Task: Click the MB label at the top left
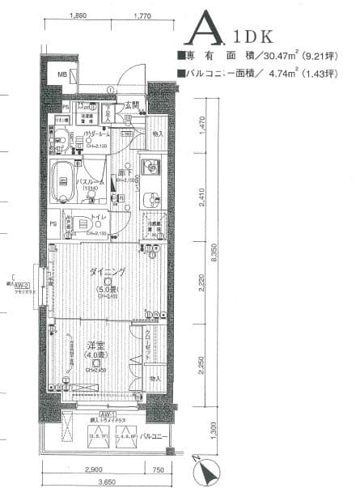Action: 62,75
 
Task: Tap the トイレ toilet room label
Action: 95,217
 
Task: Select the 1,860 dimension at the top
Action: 78,15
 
